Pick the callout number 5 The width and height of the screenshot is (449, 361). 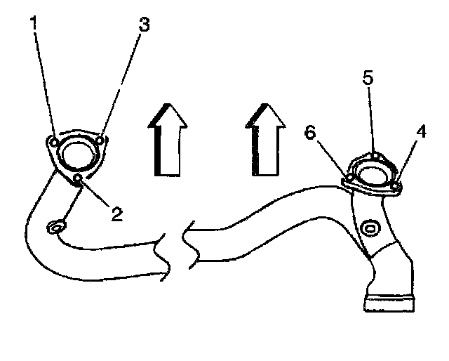click(368, 77)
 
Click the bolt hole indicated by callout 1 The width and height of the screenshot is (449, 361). click(54, 142)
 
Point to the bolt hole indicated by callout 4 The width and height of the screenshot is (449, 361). click(396, 185)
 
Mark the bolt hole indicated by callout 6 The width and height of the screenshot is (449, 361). click(349, 181)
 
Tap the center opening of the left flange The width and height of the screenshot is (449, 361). click(76, 153)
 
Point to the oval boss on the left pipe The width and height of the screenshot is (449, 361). click(56, 228)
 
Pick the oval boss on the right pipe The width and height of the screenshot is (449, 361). click(370, 229)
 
